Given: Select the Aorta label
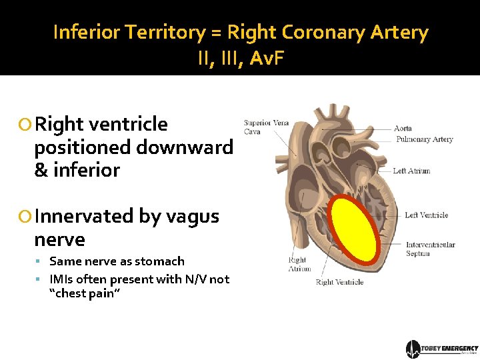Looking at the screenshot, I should pyautogui.click(x=403, y=128).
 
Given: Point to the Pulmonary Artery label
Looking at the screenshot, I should pyautogui.click(x=424, y=139).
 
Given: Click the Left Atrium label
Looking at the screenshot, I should pyautogui.click(x=411, y=171).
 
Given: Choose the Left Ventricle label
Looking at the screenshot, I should pyautogui.click(x=426, y=215).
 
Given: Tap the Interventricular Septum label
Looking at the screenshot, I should pyautogui.click(x=430, y=249).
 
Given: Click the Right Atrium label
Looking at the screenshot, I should pyautogui.click(x=299, y=264).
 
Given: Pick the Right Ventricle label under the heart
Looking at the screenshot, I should pyautogui.click(x=339, y=282).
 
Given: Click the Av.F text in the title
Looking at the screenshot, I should pyautogui.click(x=267, y=59).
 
